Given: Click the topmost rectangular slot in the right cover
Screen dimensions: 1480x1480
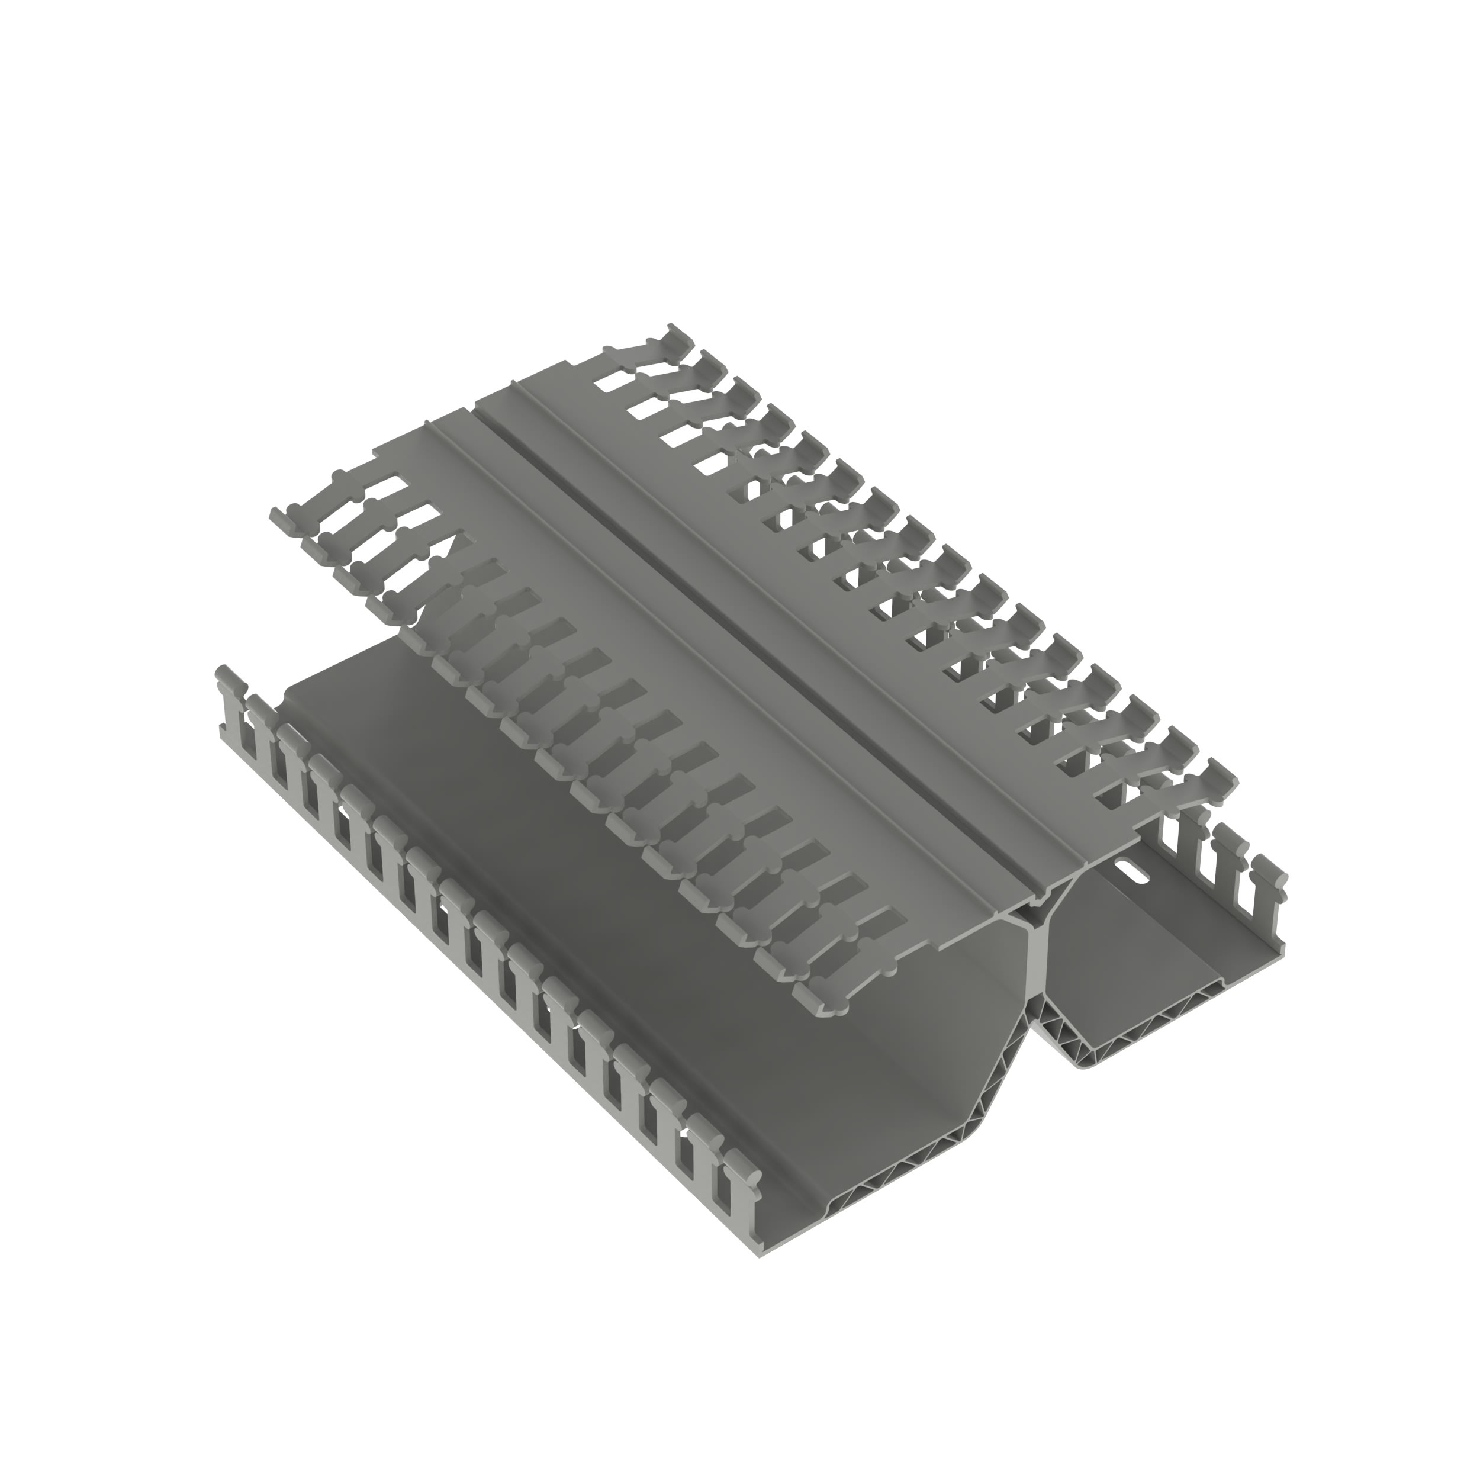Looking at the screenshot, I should click(613, 378).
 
